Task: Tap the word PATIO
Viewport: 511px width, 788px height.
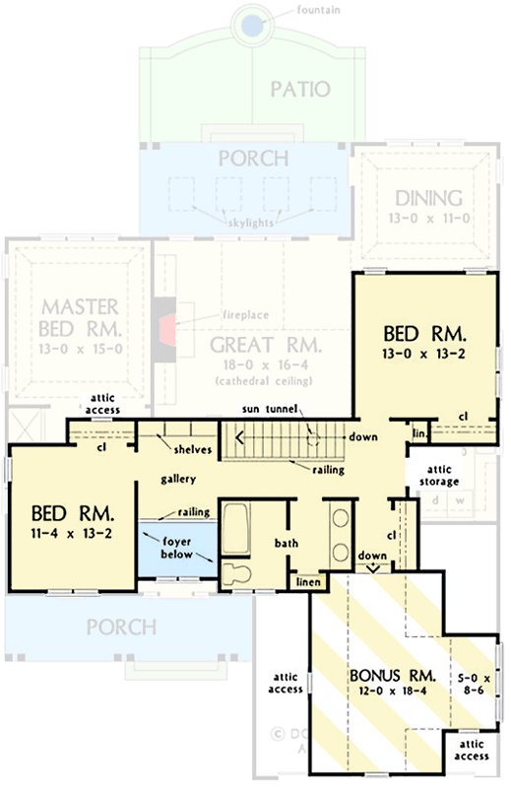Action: pyautogui.click(x=299, y=90)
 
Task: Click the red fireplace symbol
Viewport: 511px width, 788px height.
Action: pyautogui.click(x=168, y=327)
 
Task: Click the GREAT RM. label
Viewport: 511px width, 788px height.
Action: pyautogui.click(x=265, y=345)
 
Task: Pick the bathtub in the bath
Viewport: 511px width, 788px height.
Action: pyautogui.click(x=237, y=528)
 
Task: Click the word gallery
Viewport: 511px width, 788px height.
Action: pyautogui.click(x=180, y=479)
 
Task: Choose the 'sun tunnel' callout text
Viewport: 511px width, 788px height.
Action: pyautogui.click(x=272, y=409)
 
